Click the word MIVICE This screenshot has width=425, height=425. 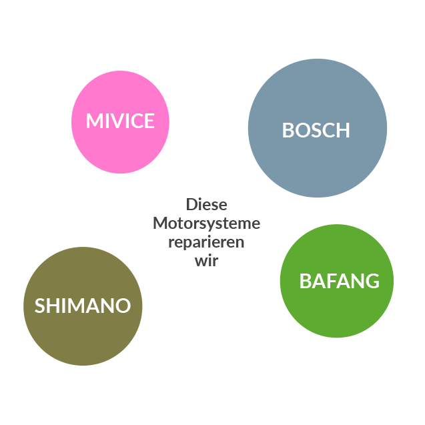pyautogui.click(x=120, y=121)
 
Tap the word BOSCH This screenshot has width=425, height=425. pyautogui.click(x=316, y=130)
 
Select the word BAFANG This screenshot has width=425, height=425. pyautogui.click(x=339, y=281)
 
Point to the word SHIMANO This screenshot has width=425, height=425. pyautogui.click(x=82, y=306)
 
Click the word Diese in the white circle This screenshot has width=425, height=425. pyautogui.click(x=206, y=204)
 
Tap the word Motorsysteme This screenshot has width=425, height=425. pyautogui.click(x=206, y=223)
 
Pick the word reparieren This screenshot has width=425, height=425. pyautogui.click(x=206, y=242)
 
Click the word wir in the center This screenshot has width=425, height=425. pyautogui.click(x=206, y=260)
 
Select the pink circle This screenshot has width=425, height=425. pyautogui.click(x=120, y=93)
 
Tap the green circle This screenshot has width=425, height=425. pyautogui.click(x=337, y=314)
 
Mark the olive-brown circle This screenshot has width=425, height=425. pyautogui.click(x=83, y=340)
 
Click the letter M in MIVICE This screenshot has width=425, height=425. pyautogui.click(x=94, y=121)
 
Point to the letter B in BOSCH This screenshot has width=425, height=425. pyautogui.click(x=288, y=130)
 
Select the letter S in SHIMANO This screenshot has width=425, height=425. pyautogui.click(x=40, y=306)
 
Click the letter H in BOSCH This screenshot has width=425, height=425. pyautogui.click(x=342, y=130)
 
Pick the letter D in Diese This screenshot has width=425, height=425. pyautogui.click(x=191, y=204)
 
